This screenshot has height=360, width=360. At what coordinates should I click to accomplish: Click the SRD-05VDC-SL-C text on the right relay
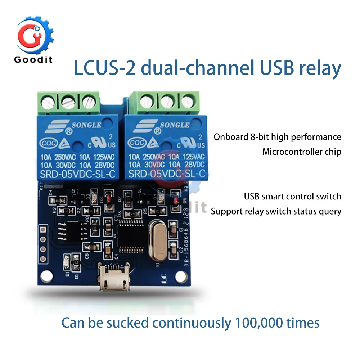click(166, 174)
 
